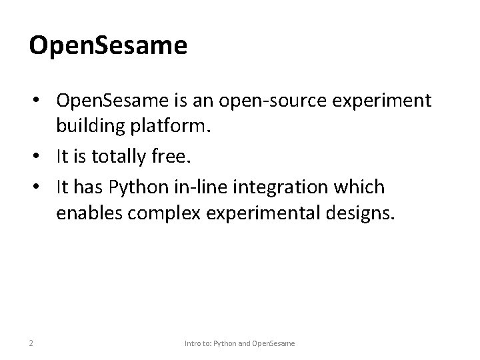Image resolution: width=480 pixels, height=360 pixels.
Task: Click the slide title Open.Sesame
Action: pos(108,46)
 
